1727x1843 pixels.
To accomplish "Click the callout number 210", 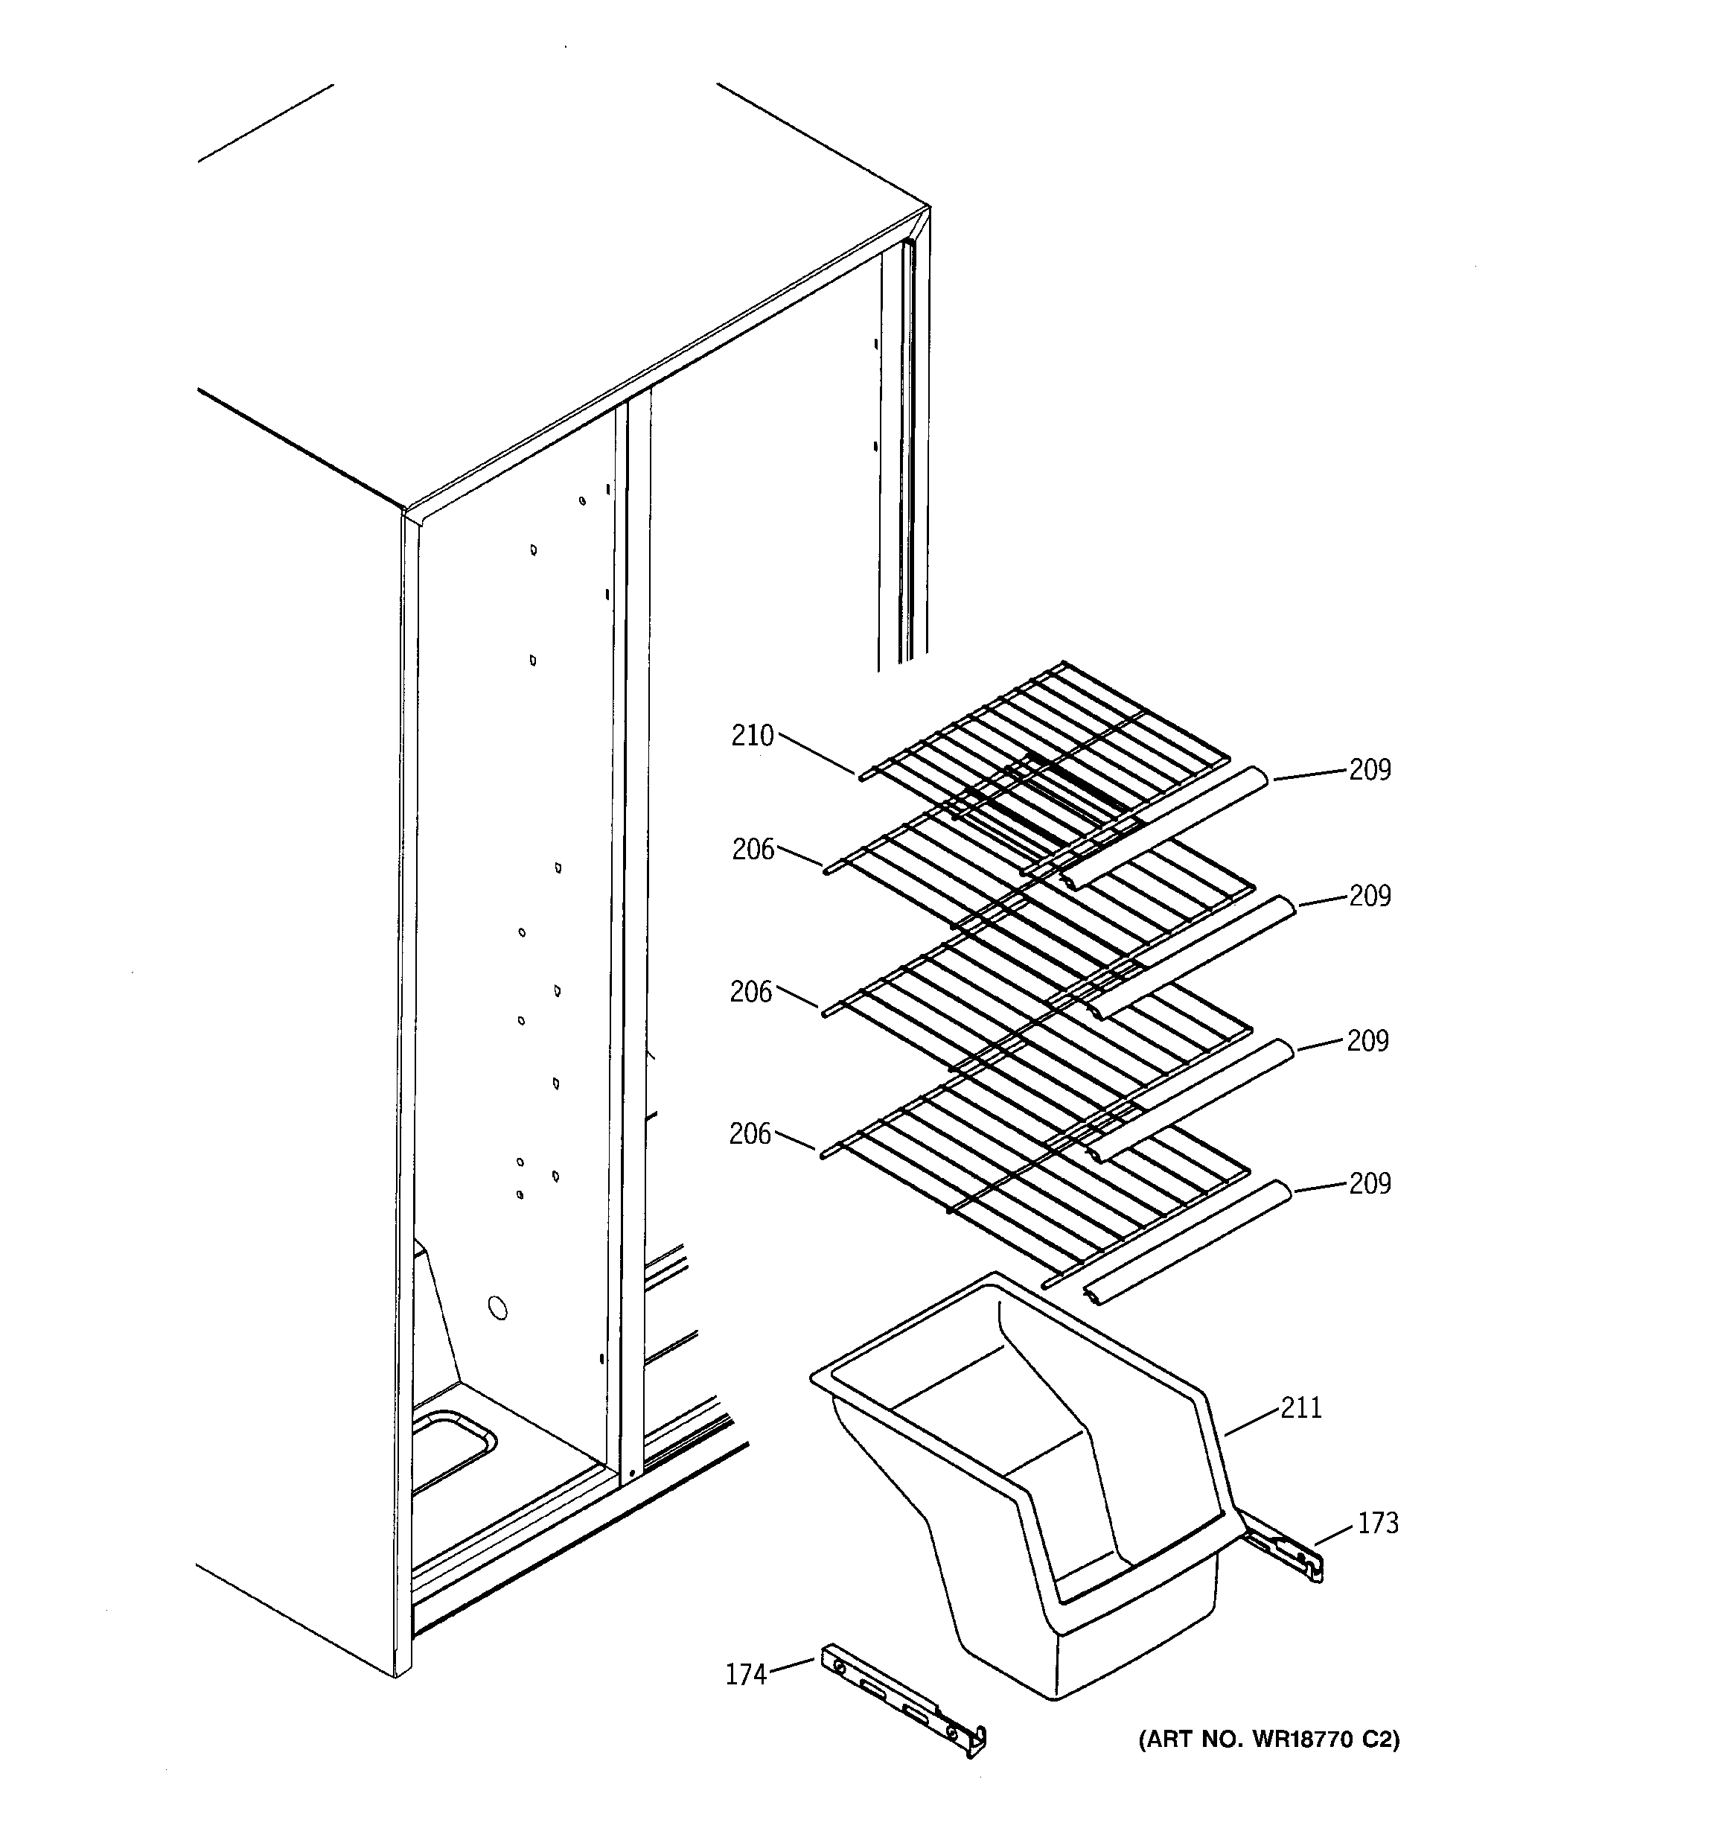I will [x=752, y=736].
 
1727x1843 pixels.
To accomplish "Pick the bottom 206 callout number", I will [x=750, y=1134].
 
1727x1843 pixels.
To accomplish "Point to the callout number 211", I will [x=1300, y=1408].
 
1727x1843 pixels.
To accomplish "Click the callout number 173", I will [x=1378, y=1523].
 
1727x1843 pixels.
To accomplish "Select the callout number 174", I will [x=746, y=1675].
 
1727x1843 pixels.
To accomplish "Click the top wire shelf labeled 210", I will [x=1047, y=742].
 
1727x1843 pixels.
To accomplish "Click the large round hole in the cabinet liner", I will [x=498, y=1309].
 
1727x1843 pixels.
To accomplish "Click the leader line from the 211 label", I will [x=1251, y=1422].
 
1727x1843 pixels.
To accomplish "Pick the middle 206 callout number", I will [x=750, y=993].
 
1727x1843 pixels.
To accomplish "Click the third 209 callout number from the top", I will [x=1367, y=1042].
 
